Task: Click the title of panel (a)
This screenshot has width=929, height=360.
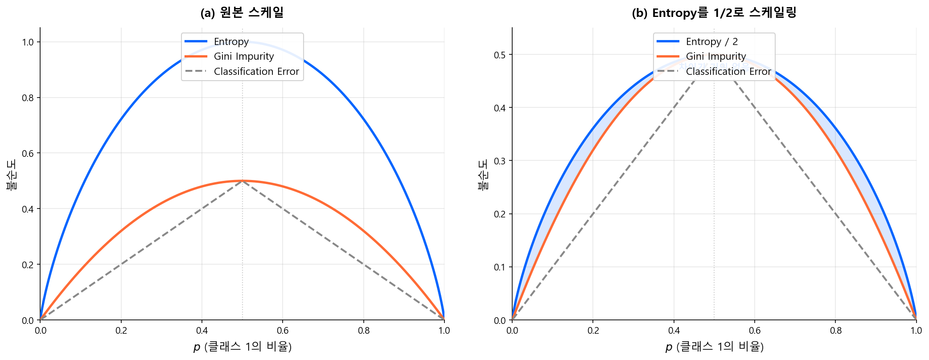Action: [x=242, y=13]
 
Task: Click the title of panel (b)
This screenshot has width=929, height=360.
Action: [x=714, y=13]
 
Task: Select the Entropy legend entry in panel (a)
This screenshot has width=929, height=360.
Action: [x=231, y=41]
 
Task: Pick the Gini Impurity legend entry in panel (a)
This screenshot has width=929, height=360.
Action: [x=243, y=56]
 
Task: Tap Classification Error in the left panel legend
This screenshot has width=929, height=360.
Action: [x=256, y=71]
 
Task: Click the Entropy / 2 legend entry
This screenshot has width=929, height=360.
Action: [x=711, y=41]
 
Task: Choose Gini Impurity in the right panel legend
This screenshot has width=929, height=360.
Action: [x=715, y=56]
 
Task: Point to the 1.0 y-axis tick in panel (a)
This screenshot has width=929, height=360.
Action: [x=28, y=42]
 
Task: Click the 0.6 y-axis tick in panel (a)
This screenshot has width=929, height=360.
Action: [x=28, y=153]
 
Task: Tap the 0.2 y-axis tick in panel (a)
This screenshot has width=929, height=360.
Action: [x=28, y=265]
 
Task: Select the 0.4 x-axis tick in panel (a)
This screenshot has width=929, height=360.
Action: [x=202, y=331]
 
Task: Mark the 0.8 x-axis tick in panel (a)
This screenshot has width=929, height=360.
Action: [x=364, y=331]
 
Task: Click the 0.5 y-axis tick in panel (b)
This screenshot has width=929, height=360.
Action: [x=500, y=55]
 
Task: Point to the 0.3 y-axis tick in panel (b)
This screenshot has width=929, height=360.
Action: [x=500, y=161]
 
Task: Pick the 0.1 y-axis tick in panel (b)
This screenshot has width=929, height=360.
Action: [x=500, y=267]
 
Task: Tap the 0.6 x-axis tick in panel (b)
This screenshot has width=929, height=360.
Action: [x=755, y=331]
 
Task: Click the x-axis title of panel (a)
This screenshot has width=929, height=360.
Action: [x=242, y=347]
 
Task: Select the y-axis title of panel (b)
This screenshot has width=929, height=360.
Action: [x=483, y=175]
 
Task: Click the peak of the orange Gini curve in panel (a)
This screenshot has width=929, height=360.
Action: [x=242, y=181]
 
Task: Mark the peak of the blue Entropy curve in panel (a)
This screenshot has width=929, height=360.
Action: [x=242, y=42]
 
